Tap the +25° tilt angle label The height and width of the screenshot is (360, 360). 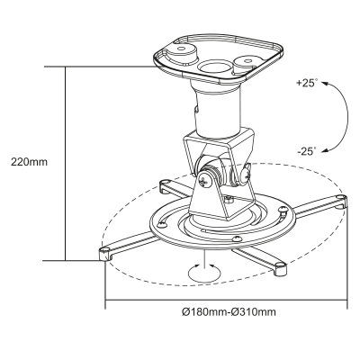click(x=307, y=83)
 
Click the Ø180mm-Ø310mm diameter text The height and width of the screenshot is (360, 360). click(x=228, y=312)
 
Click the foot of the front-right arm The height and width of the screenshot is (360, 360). click(x=280, y=265)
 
